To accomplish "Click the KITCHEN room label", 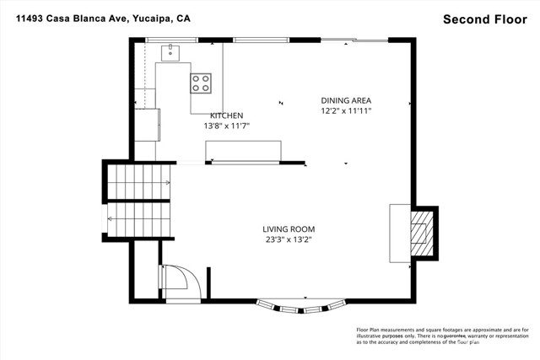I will click(226, 116).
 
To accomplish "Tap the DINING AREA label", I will click(346, 100).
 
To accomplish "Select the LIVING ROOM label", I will click(288, 228).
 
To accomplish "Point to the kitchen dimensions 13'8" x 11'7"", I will click(226, 126).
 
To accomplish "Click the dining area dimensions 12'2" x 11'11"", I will click(346, 110).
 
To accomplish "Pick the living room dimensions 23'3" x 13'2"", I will click(288, 239).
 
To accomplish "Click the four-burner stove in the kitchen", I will click(201, 83).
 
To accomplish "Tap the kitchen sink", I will click(171, 52).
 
